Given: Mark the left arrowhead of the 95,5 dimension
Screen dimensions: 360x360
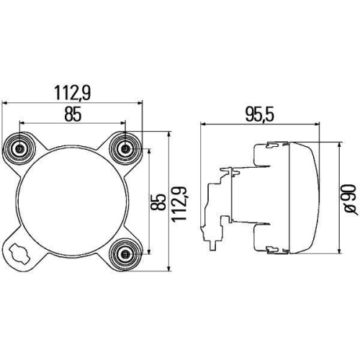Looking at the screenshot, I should [x=204, y=123].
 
